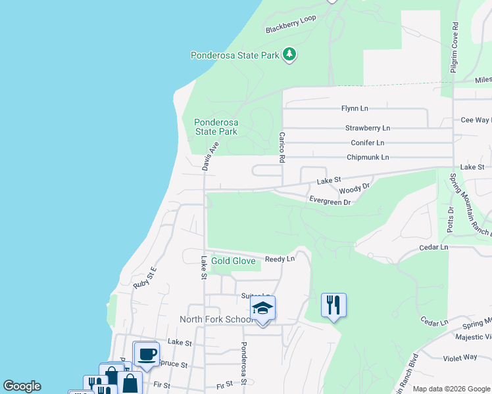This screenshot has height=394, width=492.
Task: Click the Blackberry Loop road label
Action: point(291,24)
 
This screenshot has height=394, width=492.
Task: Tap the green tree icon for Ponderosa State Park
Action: point(289,55)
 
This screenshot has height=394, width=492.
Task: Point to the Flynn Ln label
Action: point(355,108)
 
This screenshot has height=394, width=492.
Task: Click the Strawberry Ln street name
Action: point(368,128)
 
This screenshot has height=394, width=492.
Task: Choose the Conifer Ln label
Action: point(367,142)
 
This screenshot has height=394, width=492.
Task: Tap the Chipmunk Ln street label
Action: point(368,158)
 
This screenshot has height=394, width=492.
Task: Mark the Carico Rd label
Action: point(281,149)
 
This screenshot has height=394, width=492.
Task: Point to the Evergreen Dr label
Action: point(330,202)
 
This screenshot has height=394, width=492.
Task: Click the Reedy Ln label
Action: point(280,259)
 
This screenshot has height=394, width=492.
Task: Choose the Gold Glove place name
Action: point(233,261)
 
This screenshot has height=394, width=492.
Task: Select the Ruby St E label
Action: point(145,278)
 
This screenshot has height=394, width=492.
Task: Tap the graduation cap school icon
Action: point(262,308)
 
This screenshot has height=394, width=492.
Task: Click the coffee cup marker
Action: point(146,353)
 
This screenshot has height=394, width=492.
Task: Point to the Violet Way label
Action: point(460,357)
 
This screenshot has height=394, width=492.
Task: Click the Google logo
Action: point(22,386)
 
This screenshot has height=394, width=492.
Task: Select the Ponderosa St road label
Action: point(243,362)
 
